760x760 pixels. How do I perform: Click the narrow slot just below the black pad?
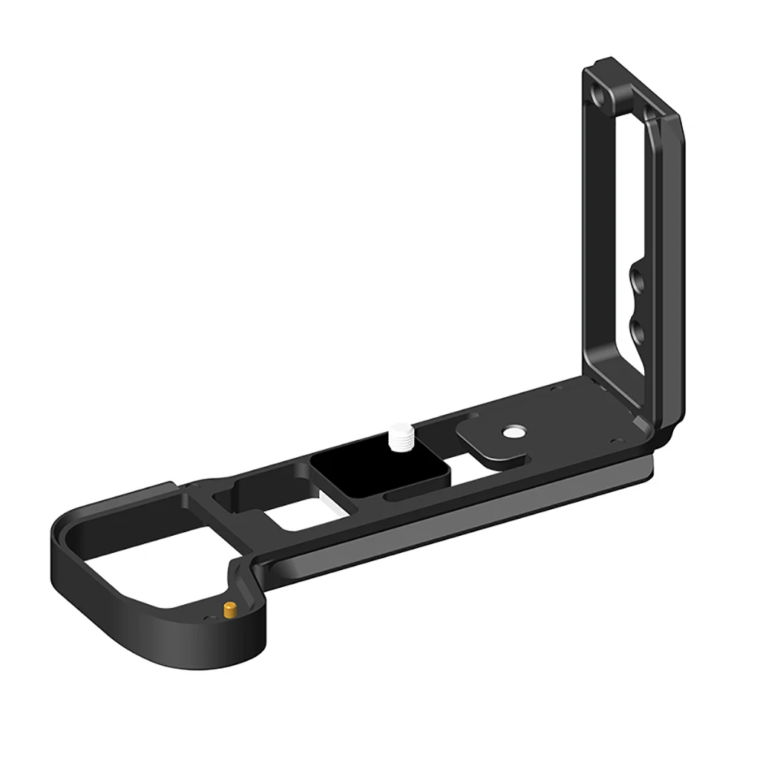pyautogui.click(x=416, y=493)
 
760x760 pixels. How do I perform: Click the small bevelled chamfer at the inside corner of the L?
pyautogui.click(x=640, y=422)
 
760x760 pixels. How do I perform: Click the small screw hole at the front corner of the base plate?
pyautogui.click(x=614, y=440)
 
